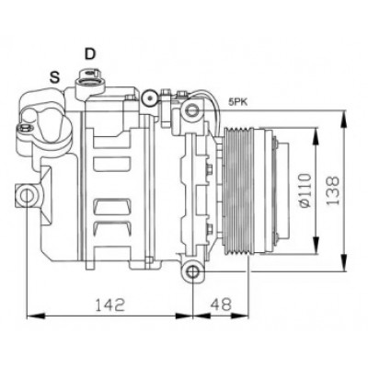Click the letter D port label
pos(90,53)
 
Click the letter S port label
pos(55,77)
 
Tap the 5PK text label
pos(237,102)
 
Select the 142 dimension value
pos(110,305)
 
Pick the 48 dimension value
pos(221,305)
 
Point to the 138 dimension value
pos(332,190)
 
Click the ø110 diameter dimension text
pos(305,190)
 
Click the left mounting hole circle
pos(27,196)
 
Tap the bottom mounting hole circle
pos(192,271)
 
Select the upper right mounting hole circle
pos(192,110)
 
